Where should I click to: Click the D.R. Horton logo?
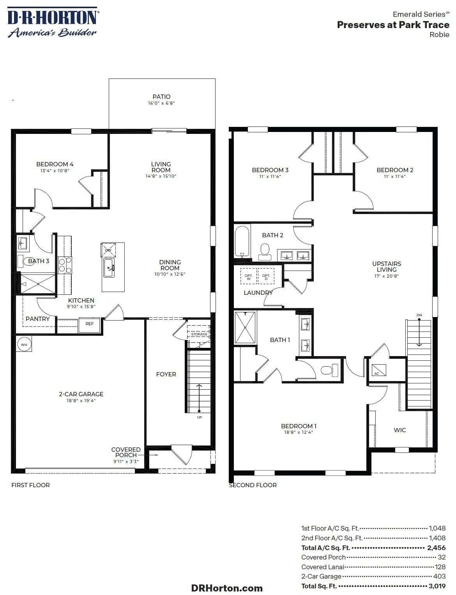coord(53,22)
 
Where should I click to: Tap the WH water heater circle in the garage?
coord(24,344)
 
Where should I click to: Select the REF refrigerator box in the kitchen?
coord(89,325)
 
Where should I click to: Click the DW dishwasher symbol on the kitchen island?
coord(108,250)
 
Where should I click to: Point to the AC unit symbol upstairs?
coord(379,370)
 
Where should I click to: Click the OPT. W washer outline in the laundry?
coord(249,276)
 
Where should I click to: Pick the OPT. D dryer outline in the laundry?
coord(266,276)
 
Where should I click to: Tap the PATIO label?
coord(161,97)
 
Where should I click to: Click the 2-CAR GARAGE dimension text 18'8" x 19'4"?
coord(81,401)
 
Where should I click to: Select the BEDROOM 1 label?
coord(299,426)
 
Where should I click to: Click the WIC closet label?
coord(400,430)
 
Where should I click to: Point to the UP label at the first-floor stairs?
coord(200,417)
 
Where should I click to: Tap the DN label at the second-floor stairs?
coord(419,315)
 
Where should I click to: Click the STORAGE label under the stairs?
coord(199,334)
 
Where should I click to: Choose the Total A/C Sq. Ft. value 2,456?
coord(437,548)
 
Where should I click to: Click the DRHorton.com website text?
coord(227,588)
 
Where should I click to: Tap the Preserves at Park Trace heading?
coord(393,25)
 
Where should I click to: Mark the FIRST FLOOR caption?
coord(31,485)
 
